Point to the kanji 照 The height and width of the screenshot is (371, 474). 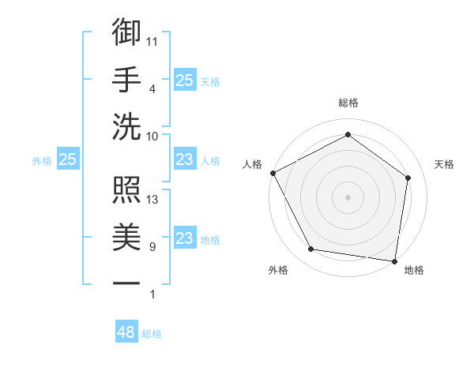coord(126,189)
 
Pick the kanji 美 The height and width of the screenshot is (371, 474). coord(126,236)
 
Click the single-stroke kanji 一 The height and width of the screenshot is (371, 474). coord(126,283)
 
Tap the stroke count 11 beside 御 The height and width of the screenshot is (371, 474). coord(152,40)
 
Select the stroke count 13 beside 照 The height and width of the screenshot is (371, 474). coord(153,200)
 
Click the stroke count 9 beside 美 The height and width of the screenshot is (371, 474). coord(152,247)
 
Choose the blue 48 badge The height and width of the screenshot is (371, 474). coord(126,332)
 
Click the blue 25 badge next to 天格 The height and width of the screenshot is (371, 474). coord(184,80)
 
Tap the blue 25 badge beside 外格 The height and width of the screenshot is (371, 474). coord(68,160)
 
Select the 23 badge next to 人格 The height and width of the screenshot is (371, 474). coord(184,160)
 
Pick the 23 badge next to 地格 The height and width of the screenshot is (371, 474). coord(184,238)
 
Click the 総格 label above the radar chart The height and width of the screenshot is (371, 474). coord(348,103)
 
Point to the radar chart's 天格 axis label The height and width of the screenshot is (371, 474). coord(444,164)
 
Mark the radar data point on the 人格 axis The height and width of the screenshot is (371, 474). coord(273,172)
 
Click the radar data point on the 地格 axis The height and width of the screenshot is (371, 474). coord(395,260)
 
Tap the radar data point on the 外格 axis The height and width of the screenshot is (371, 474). coord(311,249)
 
